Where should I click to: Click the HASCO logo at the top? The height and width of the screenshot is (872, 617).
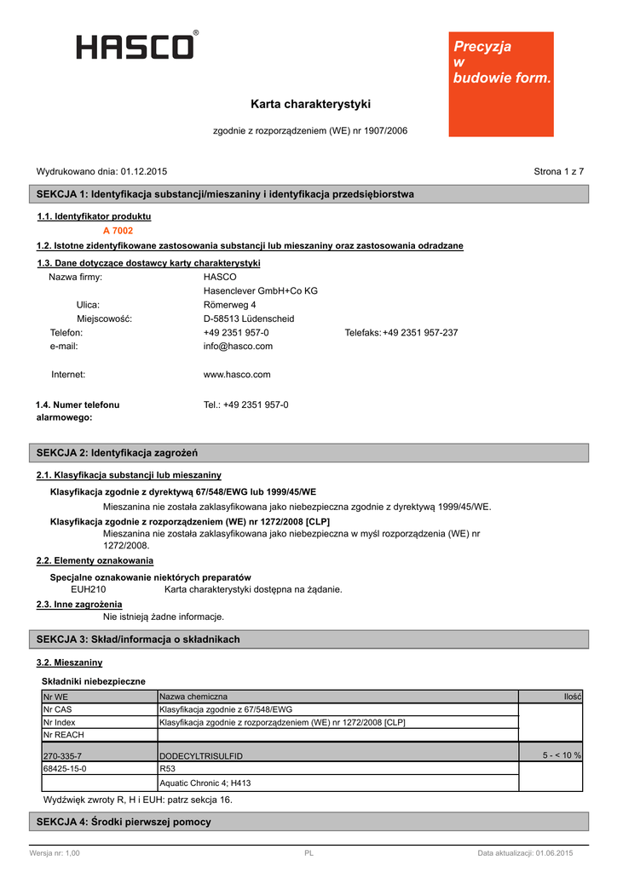tap(137, 45)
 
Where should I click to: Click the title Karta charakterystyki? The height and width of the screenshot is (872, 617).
tap(310, 104)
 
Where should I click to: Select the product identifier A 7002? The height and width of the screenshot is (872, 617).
tap(118, 231)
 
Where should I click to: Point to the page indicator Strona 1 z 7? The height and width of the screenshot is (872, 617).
tap(558, 171)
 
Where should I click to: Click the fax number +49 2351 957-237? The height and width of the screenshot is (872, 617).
tap(420, 333)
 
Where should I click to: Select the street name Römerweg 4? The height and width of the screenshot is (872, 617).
tap(230, 305)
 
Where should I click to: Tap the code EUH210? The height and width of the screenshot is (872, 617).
tap(88, 588)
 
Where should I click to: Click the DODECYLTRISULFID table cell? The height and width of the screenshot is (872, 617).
tap(201, 756)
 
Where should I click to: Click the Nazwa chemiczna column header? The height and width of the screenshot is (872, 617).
tap(193, 697)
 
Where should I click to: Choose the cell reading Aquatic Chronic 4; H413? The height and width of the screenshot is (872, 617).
tap(205, 783)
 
